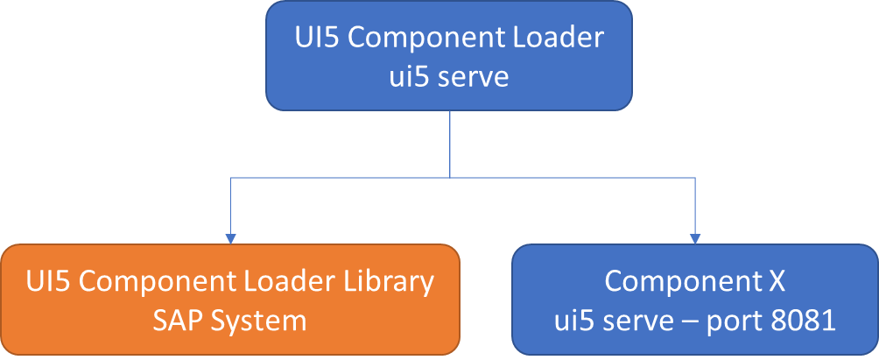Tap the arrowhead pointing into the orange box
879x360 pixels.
tap(230, 237)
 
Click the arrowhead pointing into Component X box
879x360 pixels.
tap(696, 237)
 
